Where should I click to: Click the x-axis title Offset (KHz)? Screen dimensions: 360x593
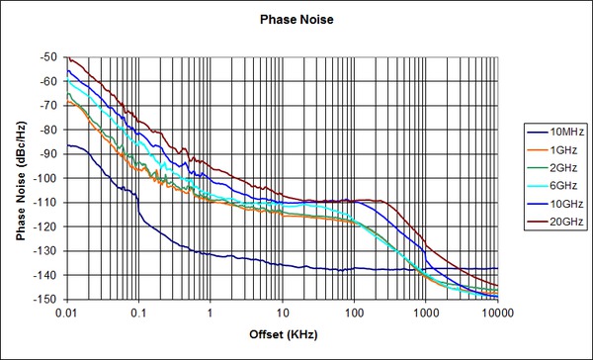(282, 337)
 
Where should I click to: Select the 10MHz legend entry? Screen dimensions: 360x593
(559, 132)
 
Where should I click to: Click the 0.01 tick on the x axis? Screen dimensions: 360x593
(66, 313)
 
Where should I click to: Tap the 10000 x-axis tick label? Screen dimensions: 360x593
(495, 313)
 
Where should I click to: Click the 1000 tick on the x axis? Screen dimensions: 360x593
(426, 313)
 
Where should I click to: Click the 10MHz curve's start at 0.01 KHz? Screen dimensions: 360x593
(67, 145)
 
